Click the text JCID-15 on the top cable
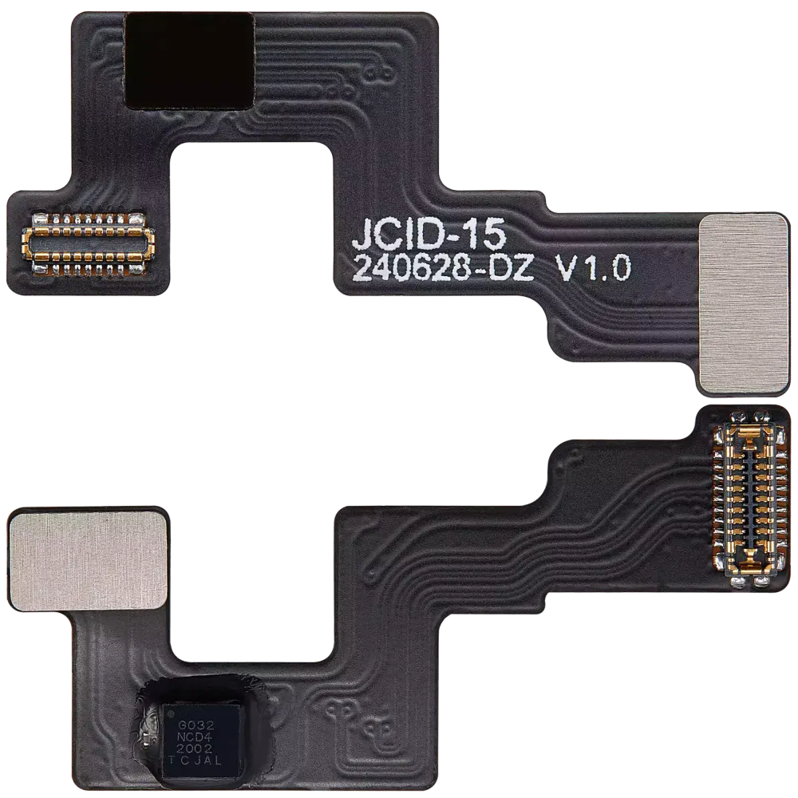429,234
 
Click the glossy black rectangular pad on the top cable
191,61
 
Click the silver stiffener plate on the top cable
744,304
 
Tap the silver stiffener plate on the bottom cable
89,560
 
